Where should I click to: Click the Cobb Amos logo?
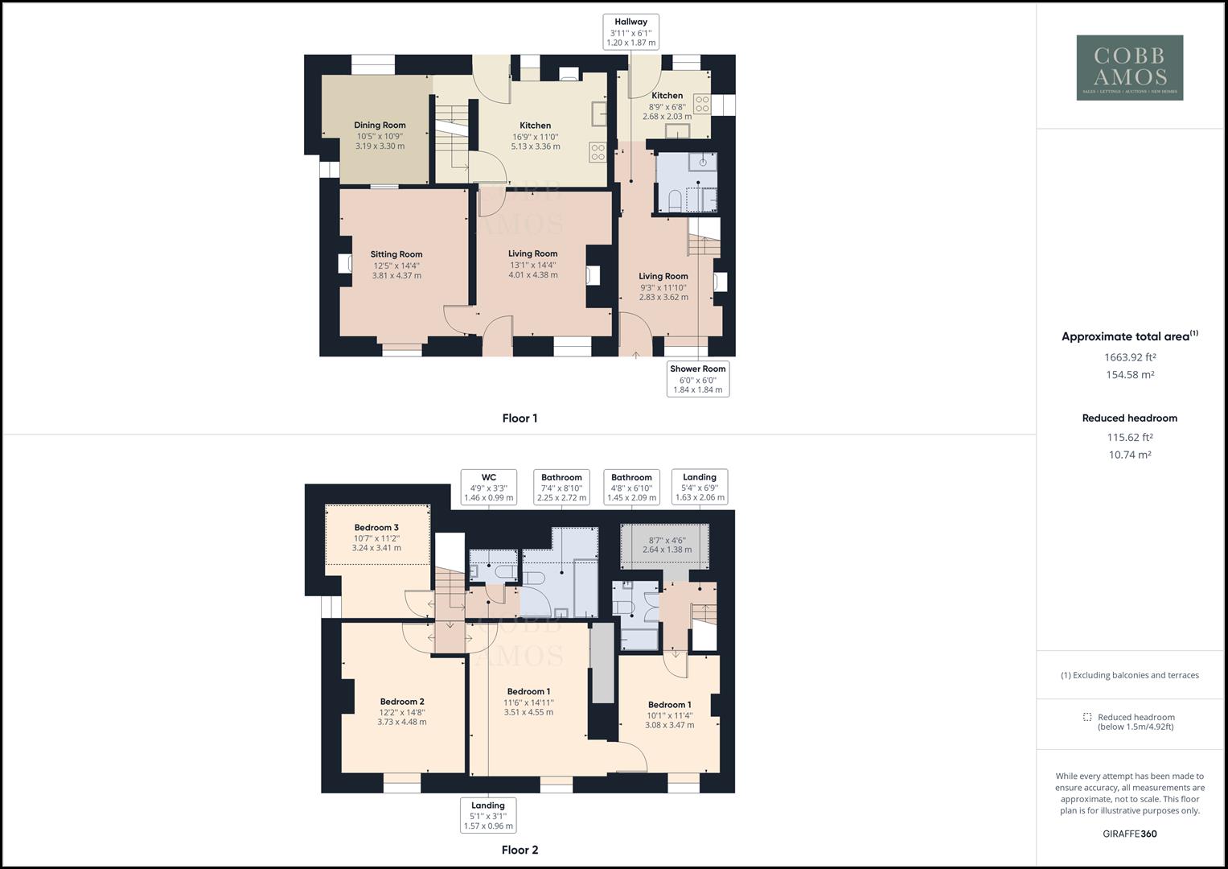coord(1129,68)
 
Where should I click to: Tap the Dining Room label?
coord(380,126)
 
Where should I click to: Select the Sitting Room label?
coord(396,254)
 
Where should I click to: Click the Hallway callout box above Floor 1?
coord(631,32)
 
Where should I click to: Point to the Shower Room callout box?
coord(697,379)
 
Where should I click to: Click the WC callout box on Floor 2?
coord(488,488)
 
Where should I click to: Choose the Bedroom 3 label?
coord(376,528)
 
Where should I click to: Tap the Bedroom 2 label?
coord(402,702)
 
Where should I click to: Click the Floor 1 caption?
coord(520,418)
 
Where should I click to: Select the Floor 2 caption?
coord(520,850)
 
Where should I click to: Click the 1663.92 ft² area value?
coord(1129,357)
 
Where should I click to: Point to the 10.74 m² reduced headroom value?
coord(1129,455)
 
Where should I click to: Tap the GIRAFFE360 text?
coord(1129,834)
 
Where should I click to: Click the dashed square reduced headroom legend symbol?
coord(1087,717)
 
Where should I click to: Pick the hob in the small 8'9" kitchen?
coord(701,104)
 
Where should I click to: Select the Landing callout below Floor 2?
coord(488,815)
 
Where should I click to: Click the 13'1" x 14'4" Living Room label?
coord(533,254)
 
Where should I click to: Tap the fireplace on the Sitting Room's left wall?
coord(345,264)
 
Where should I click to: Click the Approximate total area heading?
coord(1129,336)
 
